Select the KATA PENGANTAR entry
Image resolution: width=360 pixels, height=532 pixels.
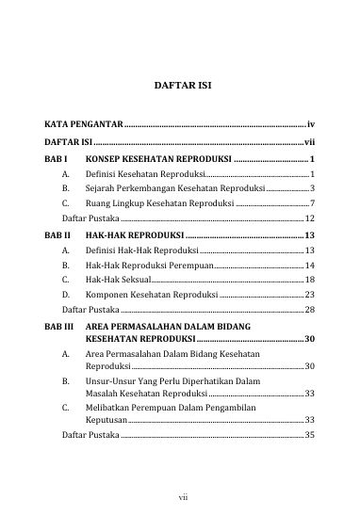pyautogui.click(x=83, y=124)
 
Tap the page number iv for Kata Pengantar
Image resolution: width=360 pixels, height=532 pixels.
pyautogui.click(x=310, y=124)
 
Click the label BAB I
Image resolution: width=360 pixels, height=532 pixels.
pyautogui.click(x=57, y=158)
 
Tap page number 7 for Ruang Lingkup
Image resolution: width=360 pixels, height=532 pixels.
pyautogui.click(x=312, y=202)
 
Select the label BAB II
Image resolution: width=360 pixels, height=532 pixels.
pyautogui.click(x=58, y=233)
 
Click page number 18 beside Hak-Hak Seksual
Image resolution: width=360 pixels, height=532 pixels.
pyautogui.click(x=309, y=280)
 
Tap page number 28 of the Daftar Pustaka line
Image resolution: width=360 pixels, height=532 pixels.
pyautogui.click(x=309, y=309)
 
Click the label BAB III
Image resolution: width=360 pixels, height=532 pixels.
pyautogui.click(x=59, y=325)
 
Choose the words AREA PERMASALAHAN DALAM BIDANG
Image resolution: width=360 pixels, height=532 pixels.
pyautogui.click(x=166, y=325)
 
